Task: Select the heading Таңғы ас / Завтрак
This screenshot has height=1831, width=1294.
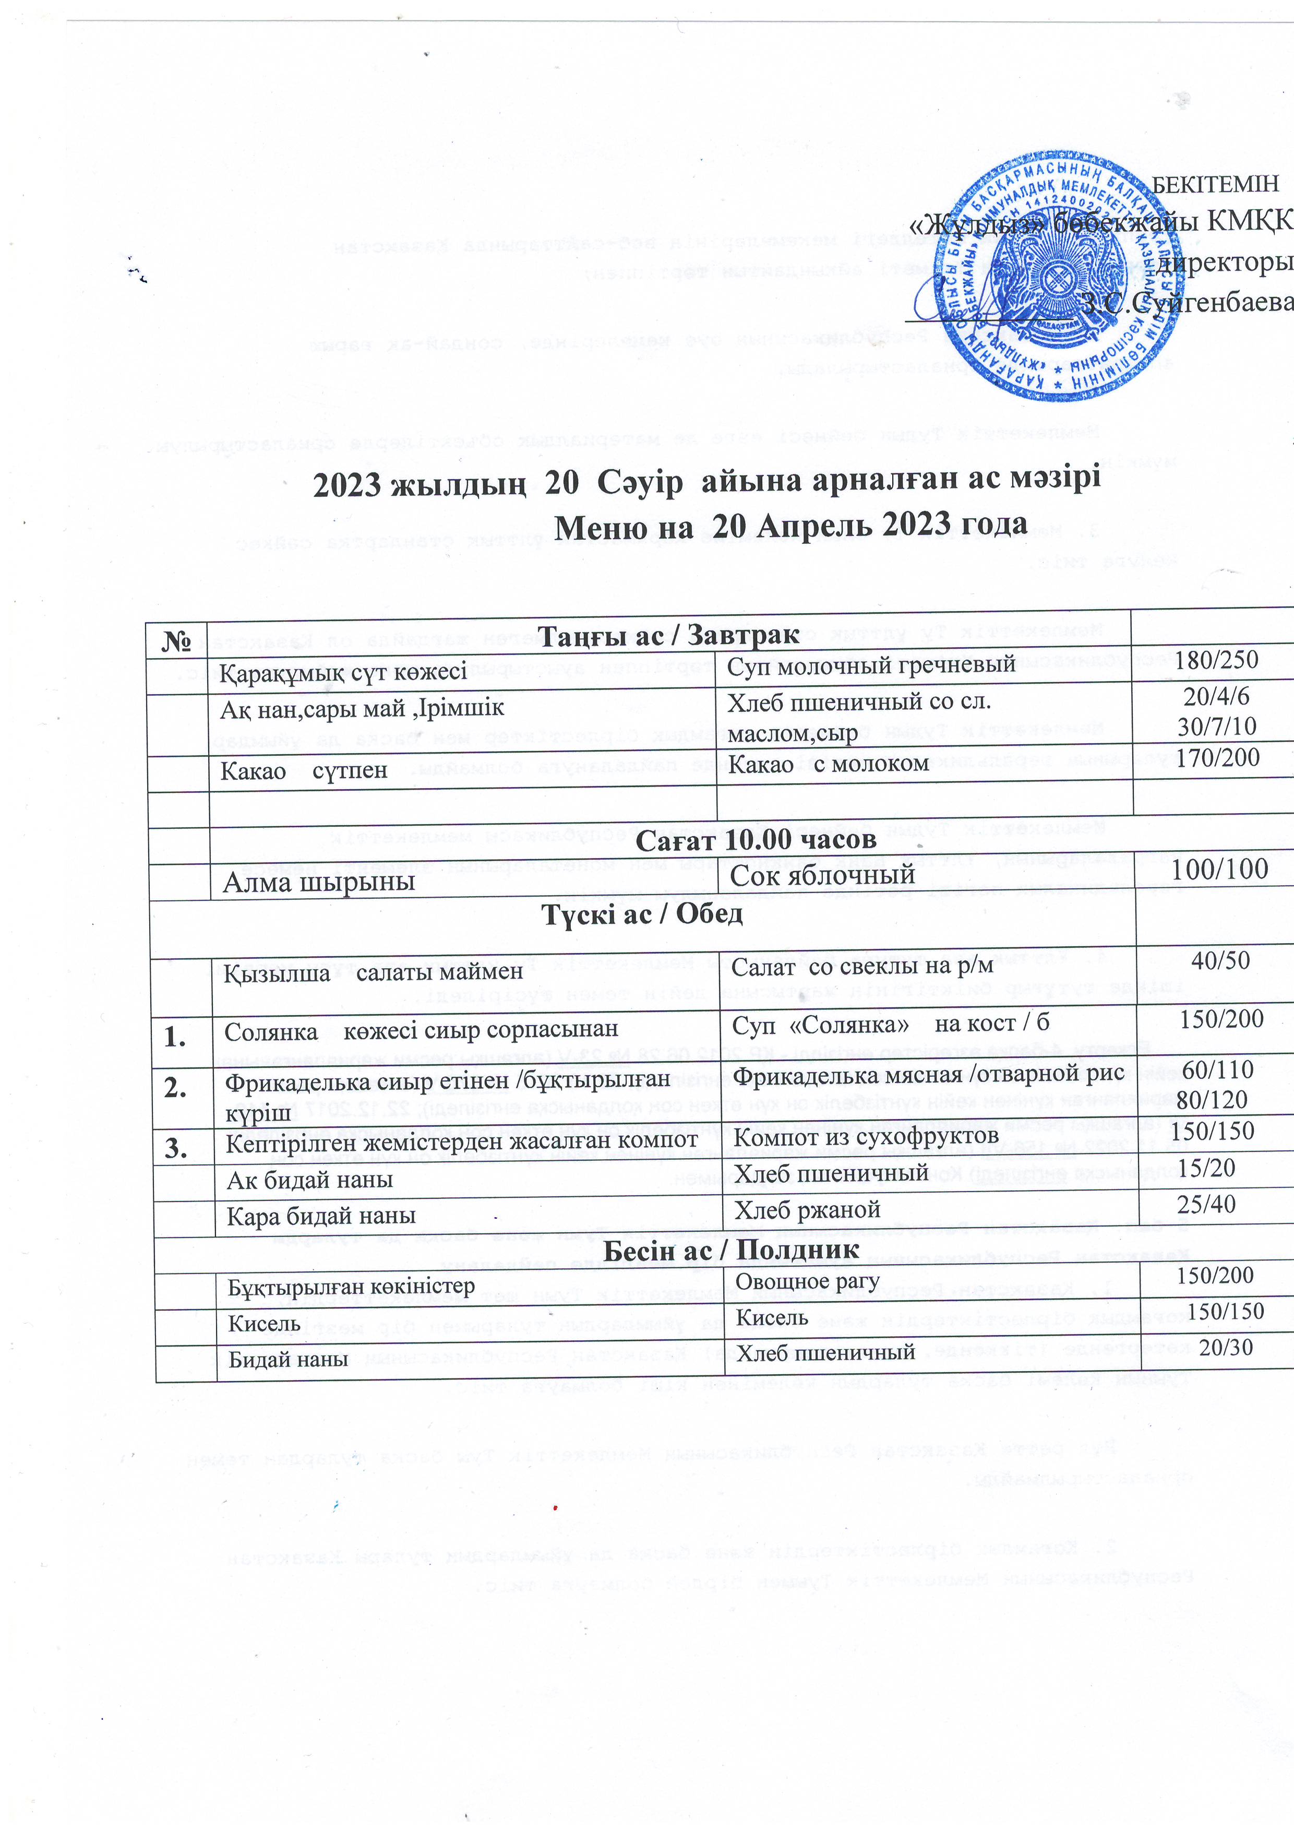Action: click(x=668, y=635)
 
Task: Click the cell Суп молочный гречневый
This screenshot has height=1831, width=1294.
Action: click(x=871, y=663)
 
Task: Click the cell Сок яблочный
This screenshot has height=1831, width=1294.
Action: click(x=822, y=876)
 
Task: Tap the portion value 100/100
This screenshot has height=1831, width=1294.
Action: click(x=1220, y=869)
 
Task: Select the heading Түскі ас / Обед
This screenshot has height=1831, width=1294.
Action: click(x=642, y=914)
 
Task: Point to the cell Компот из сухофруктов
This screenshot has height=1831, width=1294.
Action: click(x=866, y=1136)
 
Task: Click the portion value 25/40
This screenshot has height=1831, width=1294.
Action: click(x=1206, y=1204)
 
